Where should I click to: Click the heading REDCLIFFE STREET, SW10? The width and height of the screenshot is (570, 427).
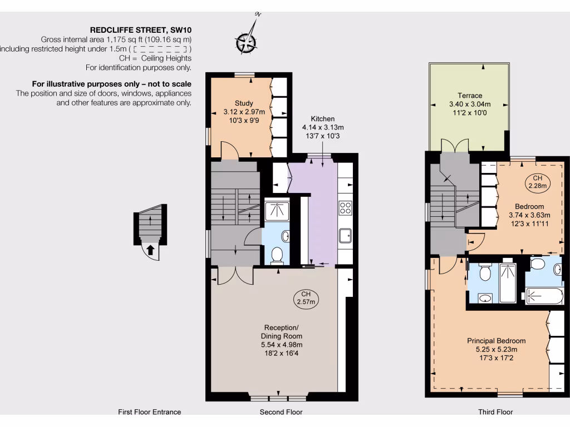pyautogui.click(x=141, y=30)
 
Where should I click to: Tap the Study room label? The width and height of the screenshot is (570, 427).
pyautogui.click(x=244, y=103)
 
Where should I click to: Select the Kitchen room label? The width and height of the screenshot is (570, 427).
pyautogui.click(x=323, y=119)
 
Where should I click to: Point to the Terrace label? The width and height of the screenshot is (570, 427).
pyautogui.click(x=469, y=96)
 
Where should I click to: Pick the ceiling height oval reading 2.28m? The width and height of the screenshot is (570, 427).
pyautogui.click(x=538, y=182)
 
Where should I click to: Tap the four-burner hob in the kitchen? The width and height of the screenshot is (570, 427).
pyautogui.click(x=345, y=208)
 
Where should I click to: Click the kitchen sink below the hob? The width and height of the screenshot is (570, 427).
pyautogui.click(x=345, y=236)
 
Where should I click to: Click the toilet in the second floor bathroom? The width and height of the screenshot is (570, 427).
pyautogui.click(x=277, y=255)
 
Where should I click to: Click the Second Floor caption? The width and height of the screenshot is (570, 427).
pyautogui.click(x=281, y=412)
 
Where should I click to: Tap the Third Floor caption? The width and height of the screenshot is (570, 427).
pyautogui.click(x=495, y=412)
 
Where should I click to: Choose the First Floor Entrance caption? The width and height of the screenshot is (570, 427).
pyautogui.click(x=149, y=412)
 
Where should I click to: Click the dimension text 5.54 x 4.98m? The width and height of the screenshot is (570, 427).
pyautogui.click(x=281, y=345)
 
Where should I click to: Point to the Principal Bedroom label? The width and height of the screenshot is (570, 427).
pyautogui.click(x=496, y=341)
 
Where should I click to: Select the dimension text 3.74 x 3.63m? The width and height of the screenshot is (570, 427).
pyautogui.click(x=529, y=215)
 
